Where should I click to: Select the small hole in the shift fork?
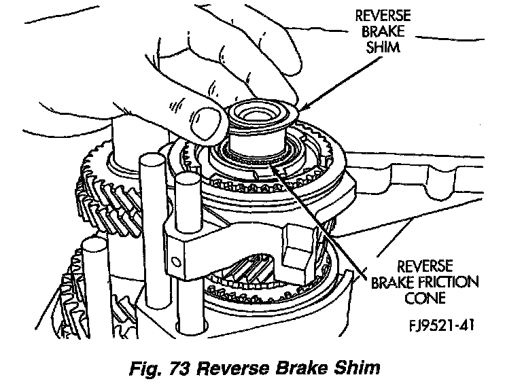tap(177, 260)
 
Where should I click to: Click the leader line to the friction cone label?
tap(326, 217)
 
